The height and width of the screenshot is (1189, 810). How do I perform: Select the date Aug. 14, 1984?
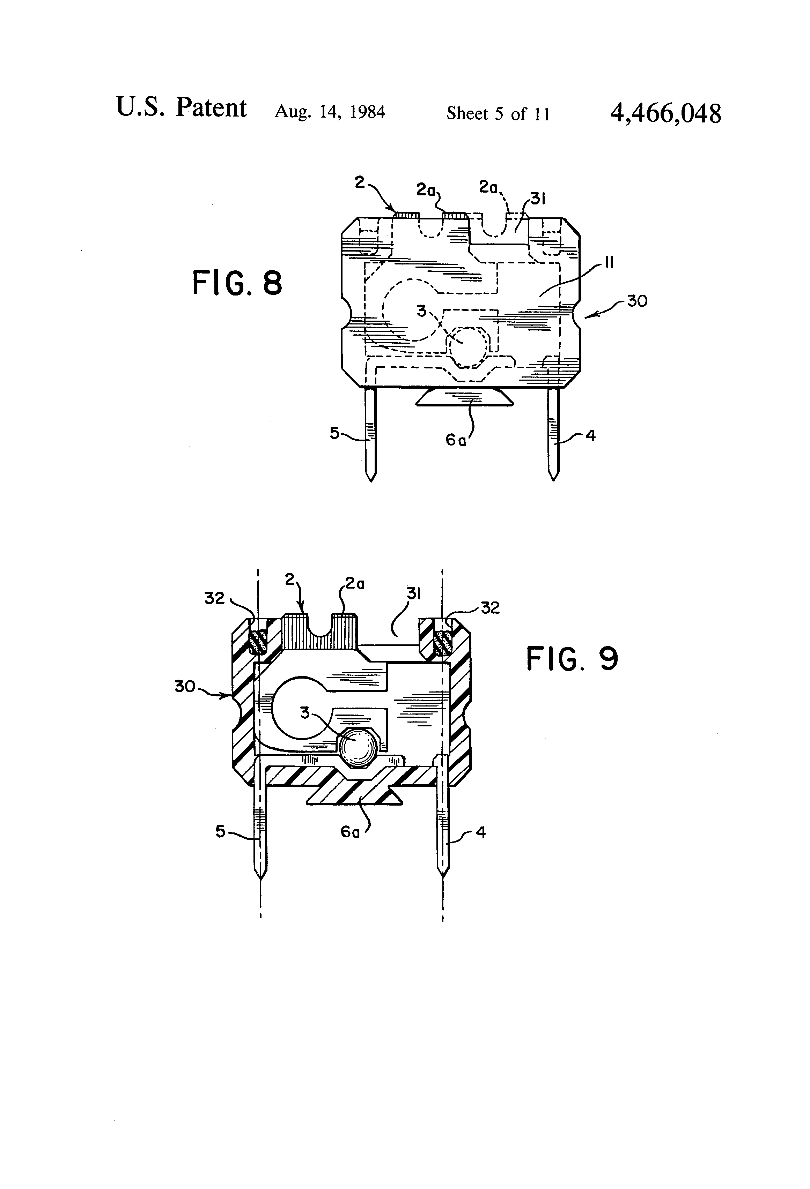(x=330, y=112)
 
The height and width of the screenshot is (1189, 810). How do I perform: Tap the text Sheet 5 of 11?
(x=498, y=113)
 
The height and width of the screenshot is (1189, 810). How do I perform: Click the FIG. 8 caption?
(x=237, y=283)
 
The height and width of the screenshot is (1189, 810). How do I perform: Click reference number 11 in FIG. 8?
(x=609, y=263)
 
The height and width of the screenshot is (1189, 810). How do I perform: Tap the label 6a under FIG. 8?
(x=456, y=440)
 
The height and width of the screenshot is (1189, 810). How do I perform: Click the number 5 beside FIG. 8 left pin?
(x=334, y=433)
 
